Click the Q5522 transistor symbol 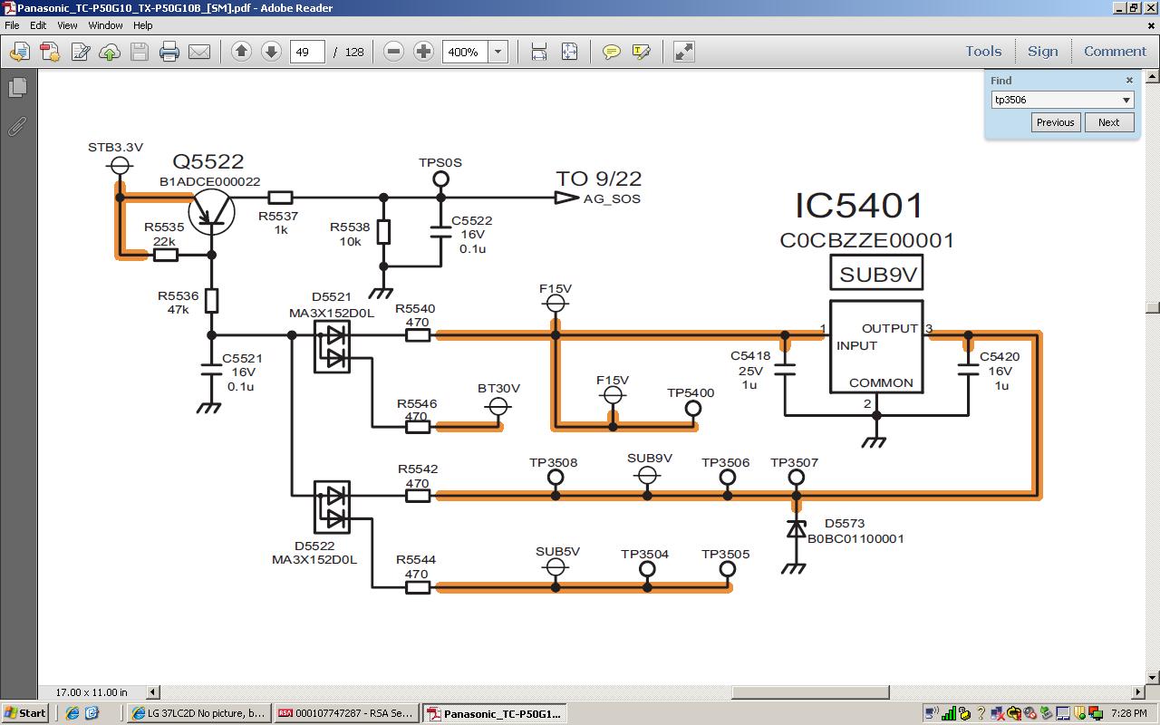tap(212, 211)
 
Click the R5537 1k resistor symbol tap(281, 198)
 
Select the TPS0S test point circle tap(441, 179)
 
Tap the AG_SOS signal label tap(612, 199)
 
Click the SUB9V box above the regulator tap(876, 274)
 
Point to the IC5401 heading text tap(859, 206)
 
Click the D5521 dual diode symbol tap(332, 347)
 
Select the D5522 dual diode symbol tap(332, 507)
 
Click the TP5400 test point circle tap(693, 409)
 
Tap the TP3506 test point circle tap(727, 478)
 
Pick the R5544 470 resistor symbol tap(418, 587)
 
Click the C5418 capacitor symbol tap(786, 369)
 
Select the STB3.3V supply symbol tap(120, 165)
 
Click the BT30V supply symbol tap(498, 407)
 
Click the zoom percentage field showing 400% tap(465, 52)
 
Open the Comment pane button tap(1115, 52)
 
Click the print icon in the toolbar tap(169, 52)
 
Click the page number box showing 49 tap(307, 52)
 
